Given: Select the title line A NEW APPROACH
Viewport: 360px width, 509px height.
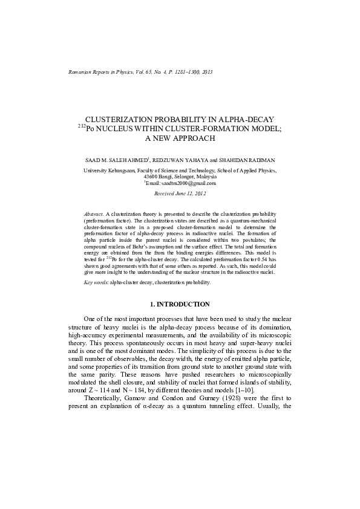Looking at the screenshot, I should [180, 138].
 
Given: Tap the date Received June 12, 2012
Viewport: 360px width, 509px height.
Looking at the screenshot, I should [180, 193].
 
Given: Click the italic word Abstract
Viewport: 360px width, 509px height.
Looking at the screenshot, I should [94, 214].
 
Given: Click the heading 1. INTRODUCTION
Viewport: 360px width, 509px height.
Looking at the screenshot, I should [180, 304].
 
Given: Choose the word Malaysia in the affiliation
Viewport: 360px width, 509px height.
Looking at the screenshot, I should [207, 177].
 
